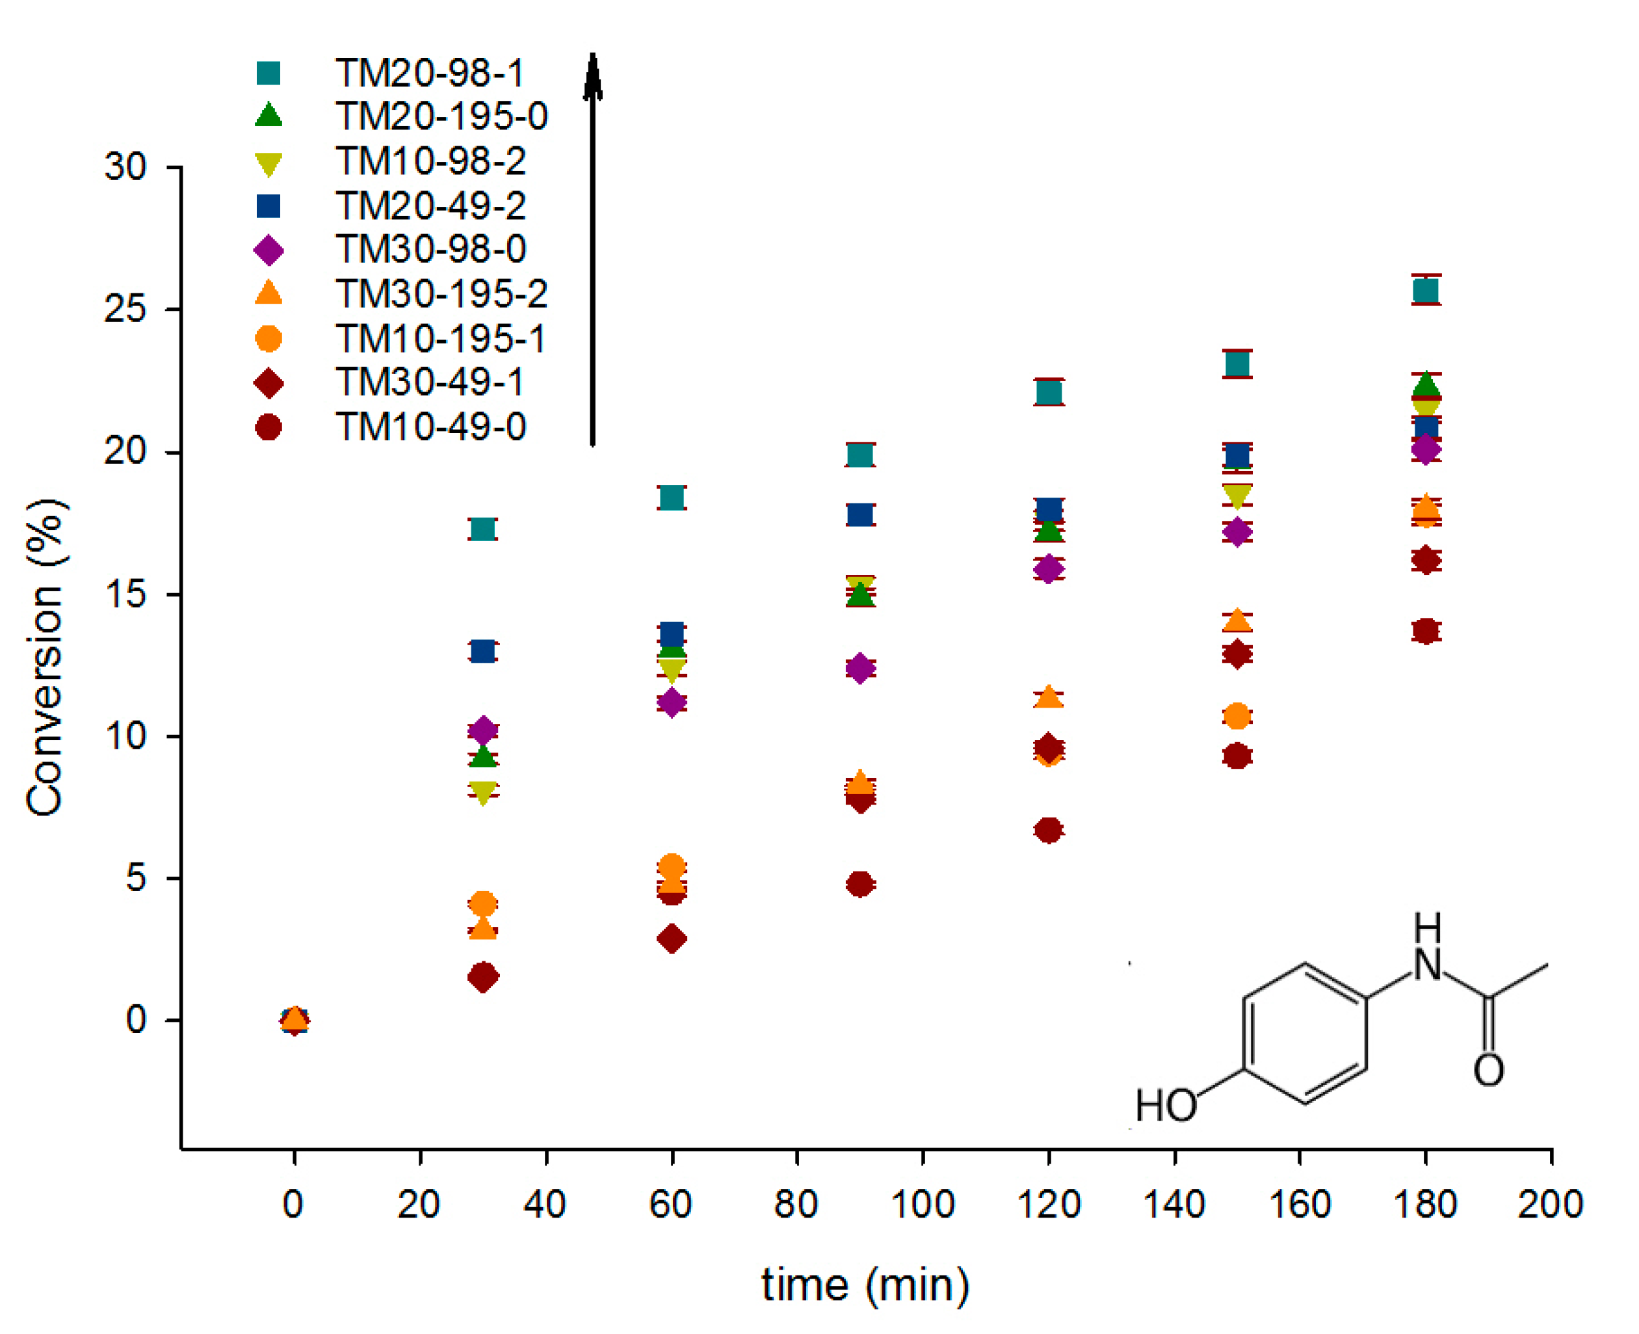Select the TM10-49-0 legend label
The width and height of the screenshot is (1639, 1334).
[x=430, y=427]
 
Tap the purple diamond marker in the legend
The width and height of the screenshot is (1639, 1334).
[x=268, y=250]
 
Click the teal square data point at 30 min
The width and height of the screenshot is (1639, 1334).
[x=482, y=529]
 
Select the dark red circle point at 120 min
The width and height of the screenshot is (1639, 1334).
[x=1049, y=830]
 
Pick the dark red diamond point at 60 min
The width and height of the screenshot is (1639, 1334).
[x=672, y=939]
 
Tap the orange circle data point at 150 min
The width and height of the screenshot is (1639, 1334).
[x=1237, y=716]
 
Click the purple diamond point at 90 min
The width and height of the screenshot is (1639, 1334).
[x=860, y=667]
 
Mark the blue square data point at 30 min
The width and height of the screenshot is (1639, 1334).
[x=482, y=651]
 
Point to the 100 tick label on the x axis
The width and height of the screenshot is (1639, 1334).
[x=923, y=1203]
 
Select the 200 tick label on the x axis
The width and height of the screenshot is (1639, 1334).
[x=1550, y=1203]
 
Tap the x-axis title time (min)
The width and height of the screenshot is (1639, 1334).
[x=865, y=1285]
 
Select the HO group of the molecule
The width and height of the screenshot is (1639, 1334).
[x=1165, y=1105]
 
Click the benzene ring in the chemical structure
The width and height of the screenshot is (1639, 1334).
[x=1304, y=1034]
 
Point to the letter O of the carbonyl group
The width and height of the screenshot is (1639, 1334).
[x=1488, y=1070]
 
